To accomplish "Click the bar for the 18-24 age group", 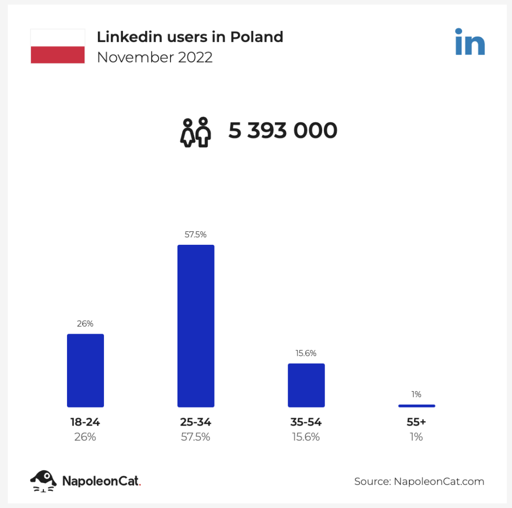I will tap(85, 370).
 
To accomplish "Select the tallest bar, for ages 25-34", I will tap(196, 326).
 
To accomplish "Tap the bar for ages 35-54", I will tap(306, 385).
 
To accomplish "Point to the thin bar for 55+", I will tap(416, 406).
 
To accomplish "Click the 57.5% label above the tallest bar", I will tap(195, 234).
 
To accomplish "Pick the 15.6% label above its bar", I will tap(306, 353).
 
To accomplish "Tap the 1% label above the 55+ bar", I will tap(416, 394).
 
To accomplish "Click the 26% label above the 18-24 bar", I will tap(85, 323).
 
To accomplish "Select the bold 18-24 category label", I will tap(85, 422).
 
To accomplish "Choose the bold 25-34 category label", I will tap(195, 422).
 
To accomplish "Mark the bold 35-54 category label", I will tap(306, 422).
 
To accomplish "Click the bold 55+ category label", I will tap(416, 422).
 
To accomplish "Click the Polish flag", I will tap(57, 46).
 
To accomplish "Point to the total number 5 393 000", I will tap(283, 131).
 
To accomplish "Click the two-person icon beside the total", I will tap(195, 132).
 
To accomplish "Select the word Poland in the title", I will tap(256, 36).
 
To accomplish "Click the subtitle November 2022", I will tap(154, 57).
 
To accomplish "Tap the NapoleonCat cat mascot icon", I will tap(43, 481).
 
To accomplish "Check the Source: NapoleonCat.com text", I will tap(419, 482).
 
